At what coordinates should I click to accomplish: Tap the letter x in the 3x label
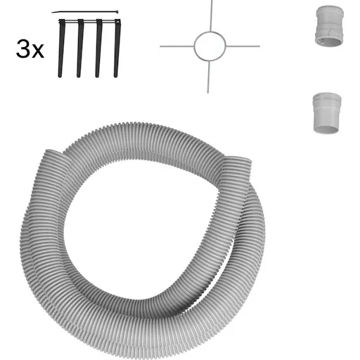[x=38, y=51]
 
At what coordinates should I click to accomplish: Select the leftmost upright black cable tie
[x=61, y=49]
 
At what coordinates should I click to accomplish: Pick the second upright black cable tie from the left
[x=80, y=49]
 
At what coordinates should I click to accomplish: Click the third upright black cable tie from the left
[x=98, y=49]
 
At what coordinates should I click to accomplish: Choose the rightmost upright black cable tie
[x=117, y=49]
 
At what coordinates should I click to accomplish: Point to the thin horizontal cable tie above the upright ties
[x=85, y=11]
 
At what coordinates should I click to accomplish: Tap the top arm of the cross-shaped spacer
[x=211, y=15]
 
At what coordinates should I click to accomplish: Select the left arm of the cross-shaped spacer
[x=177, y=46]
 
